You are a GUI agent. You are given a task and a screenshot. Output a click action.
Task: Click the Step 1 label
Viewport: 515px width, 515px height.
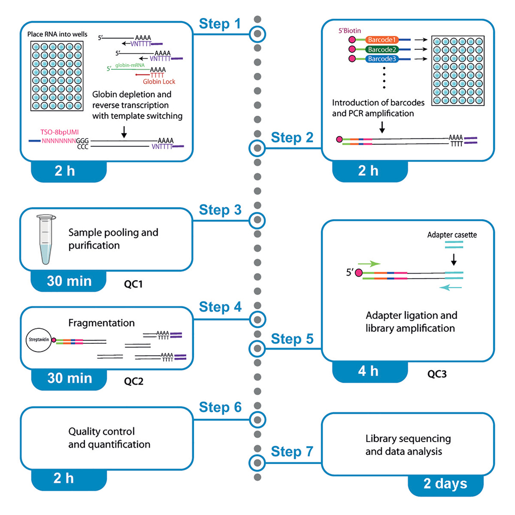coord(220,24)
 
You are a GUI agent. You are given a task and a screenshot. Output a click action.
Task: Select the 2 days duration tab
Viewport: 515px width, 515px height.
coord(445,484)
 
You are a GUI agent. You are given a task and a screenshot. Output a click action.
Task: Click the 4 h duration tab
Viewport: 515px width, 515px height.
coord(368,372)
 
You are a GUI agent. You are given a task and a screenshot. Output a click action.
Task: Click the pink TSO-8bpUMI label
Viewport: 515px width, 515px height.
coord(59,132)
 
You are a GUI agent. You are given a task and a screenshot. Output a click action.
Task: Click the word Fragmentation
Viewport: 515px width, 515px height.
coord(101,323)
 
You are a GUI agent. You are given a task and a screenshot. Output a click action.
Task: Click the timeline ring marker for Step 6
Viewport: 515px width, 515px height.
coord(257,418)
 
